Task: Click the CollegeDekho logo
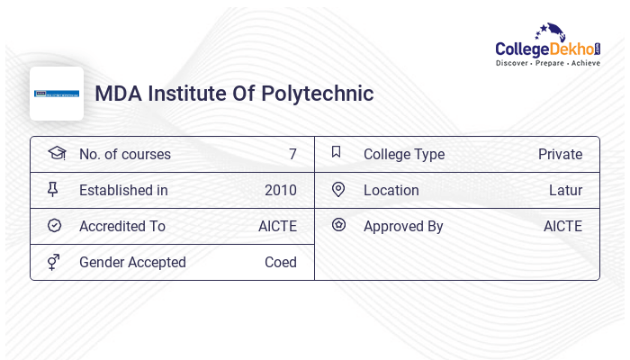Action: coord(548,46)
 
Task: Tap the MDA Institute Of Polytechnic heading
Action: coord(234,94)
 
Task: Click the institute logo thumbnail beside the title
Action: coord(57,94)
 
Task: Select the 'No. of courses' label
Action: coord(124,155)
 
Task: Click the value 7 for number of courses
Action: coord(292,155)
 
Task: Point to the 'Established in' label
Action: coord(123,191)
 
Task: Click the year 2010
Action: coord(280,191)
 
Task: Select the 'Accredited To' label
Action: coord(121,227)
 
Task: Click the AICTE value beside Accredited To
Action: coord(277,227)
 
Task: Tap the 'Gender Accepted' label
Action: coord(132,263)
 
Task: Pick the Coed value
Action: coord(280,263)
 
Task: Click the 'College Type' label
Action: coord(403,155)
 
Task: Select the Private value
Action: coord(560,155)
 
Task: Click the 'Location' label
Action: coord(391,191)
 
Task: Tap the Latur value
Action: coord(565,191)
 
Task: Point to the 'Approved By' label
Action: coord(403,227)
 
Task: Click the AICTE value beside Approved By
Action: coord(562,227)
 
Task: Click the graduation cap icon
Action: coord(56,153)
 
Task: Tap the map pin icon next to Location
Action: coord(338,190)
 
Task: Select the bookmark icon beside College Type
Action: coord(337,153)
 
